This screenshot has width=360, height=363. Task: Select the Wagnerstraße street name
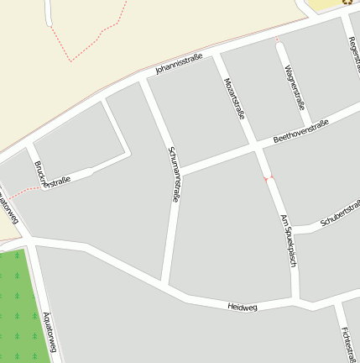293,87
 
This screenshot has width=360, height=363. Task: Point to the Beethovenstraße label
301,131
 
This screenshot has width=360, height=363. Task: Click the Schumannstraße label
174,173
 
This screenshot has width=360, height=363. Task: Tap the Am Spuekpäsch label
289,239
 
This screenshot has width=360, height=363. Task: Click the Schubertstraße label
340,213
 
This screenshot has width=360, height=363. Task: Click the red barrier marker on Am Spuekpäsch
269,178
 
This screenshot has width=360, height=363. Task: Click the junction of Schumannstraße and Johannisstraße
143,80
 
